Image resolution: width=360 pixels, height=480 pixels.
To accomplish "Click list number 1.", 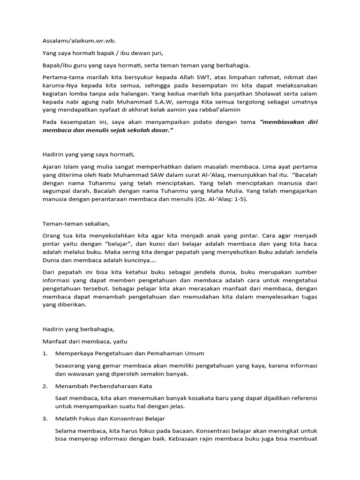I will [45, 353].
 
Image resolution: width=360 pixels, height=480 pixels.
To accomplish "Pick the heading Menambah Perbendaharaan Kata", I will [104, 386].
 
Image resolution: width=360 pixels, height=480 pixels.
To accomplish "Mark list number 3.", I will [45, 418].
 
